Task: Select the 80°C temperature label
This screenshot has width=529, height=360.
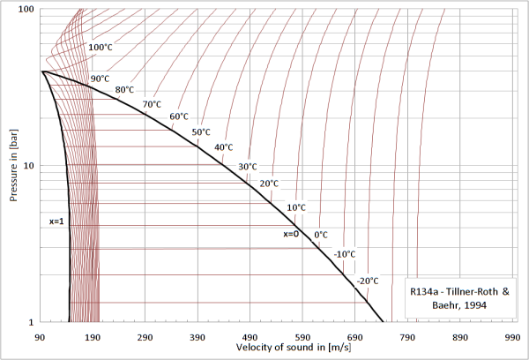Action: point(124,90)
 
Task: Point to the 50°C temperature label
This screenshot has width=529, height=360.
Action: point(202,132)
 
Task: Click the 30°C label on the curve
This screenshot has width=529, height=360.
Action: point(247,167)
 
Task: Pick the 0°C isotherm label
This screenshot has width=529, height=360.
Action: point(321,235)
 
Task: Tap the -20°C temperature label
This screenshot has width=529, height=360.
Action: point(368,281)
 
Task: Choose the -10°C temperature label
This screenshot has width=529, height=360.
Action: point(345,254)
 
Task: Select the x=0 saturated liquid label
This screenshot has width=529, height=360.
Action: point(292,235)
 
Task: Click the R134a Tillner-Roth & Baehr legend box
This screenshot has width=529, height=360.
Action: point(457,296)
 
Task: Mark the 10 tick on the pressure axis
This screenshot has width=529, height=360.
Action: point(28,166)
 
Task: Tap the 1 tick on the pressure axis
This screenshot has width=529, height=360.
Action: point(31,322)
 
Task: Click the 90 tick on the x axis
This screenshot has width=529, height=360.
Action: point(39,338)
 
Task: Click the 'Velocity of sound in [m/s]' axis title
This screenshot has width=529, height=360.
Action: point(276,349)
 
